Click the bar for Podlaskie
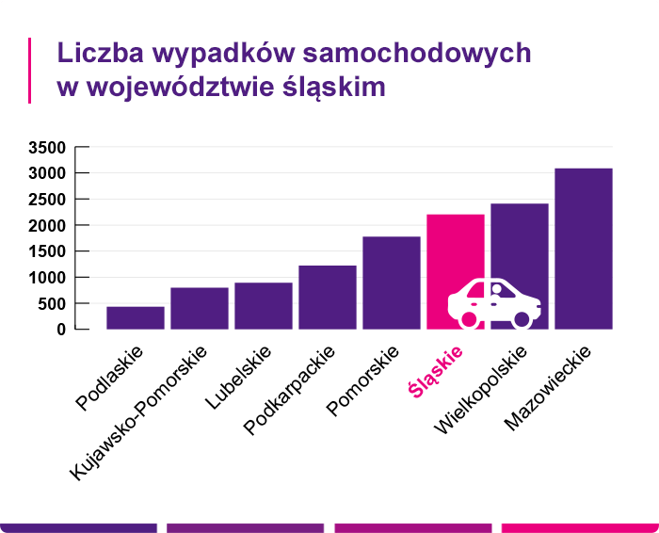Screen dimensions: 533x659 point(136,318)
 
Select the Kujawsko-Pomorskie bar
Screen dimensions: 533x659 point(200,309)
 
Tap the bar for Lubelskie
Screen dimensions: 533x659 point(264,306)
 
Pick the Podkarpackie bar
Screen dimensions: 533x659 point(328,298)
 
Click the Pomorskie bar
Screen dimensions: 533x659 point(392,283)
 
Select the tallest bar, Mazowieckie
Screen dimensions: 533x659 point(584,249)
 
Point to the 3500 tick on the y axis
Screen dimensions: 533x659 point(46,148)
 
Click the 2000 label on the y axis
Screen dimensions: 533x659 point(46,226)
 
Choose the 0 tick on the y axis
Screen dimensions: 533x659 point(59,330)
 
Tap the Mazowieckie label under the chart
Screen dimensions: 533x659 point(547,388)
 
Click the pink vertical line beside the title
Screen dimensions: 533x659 point(30,70)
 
